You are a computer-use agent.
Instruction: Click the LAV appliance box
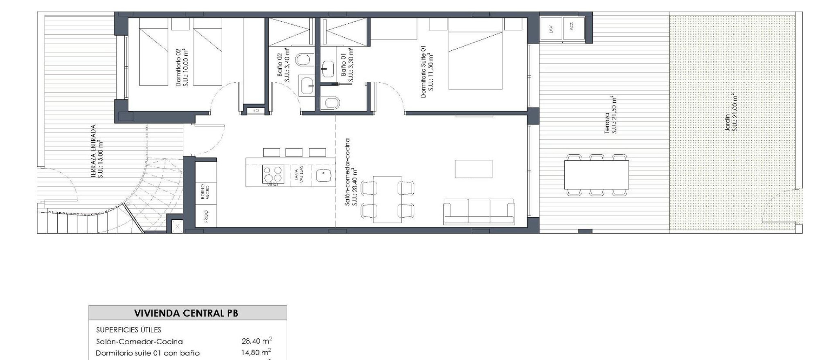[551, 28]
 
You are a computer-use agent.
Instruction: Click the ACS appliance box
[573, 27]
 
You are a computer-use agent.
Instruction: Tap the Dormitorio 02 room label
[182, 67]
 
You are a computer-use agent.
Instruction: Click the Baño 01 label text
[347, 65]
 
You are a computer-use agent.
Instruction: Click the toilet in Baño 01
[330, 103]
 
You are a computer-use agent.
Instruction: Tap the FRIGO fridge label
[206, 216]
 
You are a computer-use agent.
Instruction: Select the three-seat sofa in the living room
[479, 211]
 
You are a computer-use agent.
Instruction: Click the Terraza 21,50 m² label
[610, 115]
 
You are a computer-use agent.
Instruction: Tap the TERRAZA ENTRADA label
[97, 151]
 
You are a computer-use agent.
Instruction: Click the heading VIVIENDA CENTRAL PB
[186, 313]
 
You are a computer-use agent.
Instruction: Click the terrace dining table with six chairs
[597, 175]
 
